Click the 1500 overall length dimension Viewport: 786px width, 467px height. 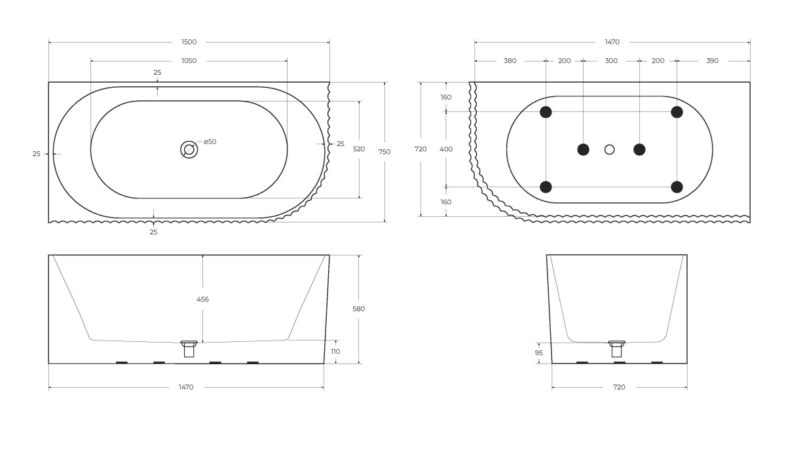189,42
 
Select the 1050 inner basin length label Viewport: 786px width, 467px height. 189,61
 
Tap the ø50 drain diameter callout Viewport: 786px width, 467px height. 210,141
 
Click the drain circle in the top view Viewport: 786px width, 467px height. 189,150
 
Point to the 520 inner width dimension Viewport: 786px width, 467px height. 359,149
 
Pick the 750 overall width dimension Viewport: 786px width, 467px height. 384,152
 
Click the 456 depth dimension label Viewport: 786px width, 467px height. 203,299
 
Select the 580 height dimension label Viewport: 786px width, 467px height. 359,308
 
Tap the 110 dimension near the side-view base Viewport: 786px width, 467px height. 335,351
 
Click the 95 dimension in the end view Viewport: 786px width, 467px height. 539,353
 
